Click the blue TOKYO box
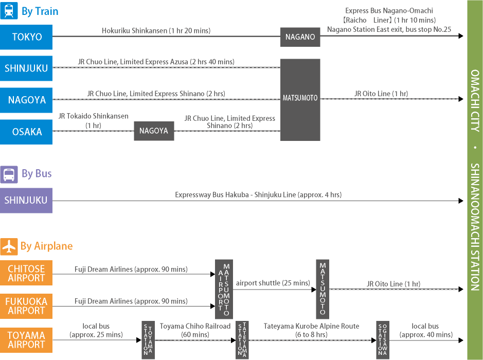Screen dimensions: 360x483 pyautogui.click(x=26, y=37)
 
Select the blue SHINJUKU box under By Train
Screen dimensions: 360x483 pyautogui.click(x=26, y=68)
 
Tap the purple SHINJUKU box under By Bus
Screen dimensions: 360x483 pyautogui.click(x=26, y=201)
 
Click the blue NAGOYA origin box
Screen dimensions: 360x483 pyautogui.click(x=26, y=100)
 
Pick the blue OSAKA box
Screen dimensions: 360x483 pyautogui.click(x=26, y=132)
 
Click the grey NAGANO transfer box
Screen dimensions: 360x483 pyautogui.click(x=300, y=37)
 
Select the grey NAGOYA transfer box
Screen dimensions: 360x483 pyautogui.click(x=154, y=131)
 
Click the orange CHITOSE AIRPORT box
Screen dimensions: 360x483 pyautogui.click(x=26, y=274)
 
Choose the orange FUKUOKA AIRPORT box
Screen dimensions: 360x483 pyautogui.click(x=26, y=306)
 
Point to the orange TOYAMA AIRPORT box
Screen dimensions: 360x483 pyautogui.click(x=26, y=340)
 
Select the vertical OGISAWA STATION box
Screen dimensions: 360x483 pyautogui.click(x=383, y=340)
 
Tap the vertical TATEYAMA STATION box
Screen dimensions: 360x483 pyautogui.click(x=242, y=340)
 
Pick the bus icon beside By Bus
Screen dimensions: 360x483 pyautogui.click(x=9, y=174)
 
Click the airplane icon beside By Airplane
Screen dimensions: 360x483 pyautogui.click(x=9, y=246)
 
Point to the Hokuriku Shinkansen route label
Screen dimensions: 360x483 pyautogui.click(x=156, y=31)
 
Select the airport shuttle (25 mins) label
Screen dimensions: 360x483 pyautogui.click(x=273, y=283)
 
